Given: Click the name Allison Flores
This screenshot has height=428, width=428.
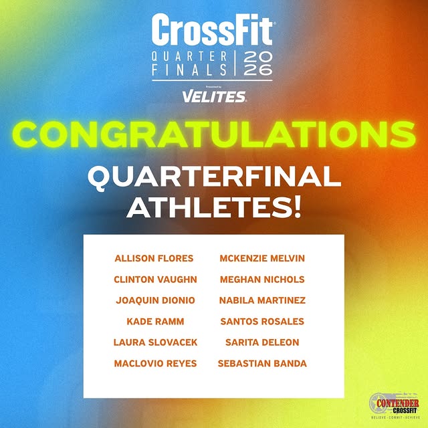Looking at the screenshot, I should coord(154,258).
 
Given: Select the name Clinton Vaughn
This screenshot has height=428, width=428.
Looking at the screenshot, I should coord(155,280).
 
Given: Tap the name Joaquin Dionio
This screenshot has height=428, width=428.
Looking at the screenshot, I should coord(155,300).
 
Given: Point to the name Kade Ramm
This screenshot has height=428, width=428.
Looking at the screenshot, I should coord(155,322).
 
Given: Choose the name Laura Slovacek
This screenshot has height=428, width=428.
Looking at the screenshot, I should coord(155,342).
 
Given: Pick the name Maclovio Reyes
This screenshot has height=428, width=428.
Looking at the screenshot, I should coord(155,363).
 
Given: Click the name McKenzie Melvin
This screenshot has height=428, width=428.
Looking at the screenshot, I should coord(262,258).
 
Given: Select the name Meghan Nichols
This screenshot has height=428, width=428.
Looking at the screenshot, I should coord(262,280).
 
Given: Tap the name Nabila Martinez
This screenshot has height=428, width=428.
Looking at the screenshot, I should coord(262,300).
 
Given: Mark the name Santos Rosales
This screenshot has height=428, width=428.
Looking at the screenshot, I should coord(262,322).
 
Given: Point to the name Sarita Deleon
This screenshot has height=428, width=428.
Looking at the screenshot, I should coord(262,342).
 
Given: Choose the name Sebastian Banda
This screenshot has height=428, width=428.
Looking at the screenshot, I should coord(262,363).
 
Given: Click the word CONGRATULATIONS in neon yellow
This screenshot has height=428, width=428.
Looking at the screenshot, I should coord(214,133).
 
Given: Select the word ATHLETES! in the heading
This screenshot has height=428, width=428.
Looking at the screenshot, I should coord(214,209).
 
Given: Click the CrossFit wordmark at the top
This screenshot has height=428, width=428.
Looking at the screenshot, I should coord(213,31).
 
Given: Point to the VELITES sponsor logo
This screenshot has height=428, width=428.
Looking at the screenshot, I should coord(213,97).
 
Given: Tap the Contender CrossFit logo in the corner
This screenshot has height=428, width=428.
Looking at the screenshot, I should coord(394,405).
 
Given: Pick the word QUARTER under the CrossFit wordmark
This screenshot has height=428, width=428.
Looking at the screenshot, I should coord(190,57).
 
